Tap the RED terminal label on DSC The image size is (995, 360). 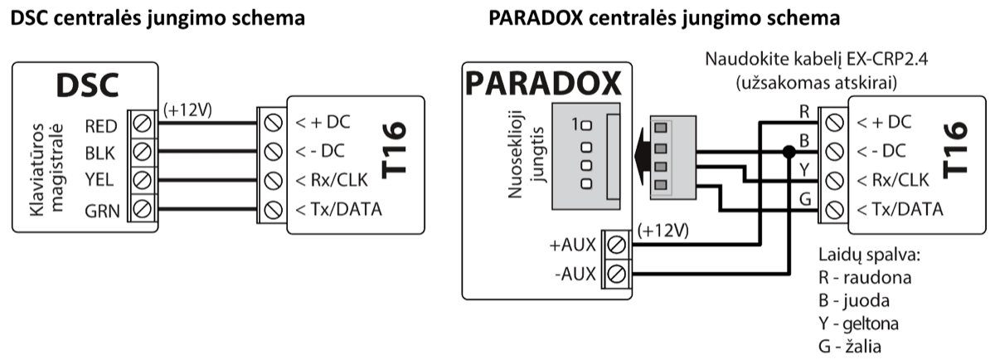[x=101, y=125]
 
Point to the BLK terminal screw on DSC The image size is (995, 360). [x=141, y=153]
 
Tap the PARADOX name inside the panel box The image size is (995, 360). [x=544, y=85]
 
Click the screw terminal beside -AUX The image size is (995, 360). [x=616, y=273]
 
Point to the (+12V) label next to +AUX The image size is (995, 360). [x=663, y=230]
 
